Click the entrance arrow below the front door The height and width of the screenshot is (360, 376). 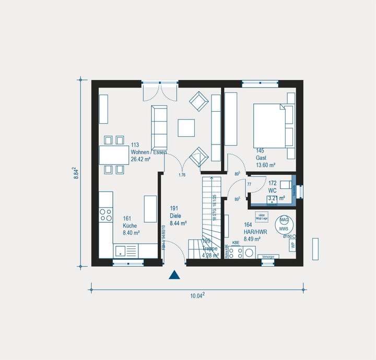(x=174, y=275)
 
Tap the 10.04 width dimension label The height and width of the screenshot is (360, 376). (x=197, y=296)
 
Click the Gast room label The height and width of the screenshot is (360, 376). (x=261, y=158)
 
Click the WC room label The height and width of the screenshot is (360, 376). (x=273, y=191)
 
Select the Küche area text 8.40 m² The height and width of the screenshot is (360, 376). (x=132, y=233)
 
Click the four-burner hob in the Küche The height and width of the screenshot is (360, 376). (x=106, y=215)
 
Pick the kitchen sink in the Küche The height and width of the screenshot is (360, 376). (x=121, y=250)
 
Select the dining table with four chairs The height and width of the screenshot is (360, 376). (x=114, y=155)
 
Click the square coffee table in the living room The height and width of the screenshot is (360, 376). (x=186, y=128)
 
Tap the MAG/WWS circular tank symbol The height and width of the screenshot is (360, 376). (x=284, y=224)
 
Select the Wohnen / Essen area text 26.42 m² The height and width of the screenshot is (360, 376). (x=141, y=160)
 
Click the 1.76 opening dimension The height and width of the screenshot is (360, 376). (x=182, y=175)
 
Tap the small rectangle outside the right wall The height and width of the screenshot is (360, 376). (x=315, y=248)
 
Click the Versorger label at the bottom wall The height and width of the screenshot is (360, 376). (x=268, y=256)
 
